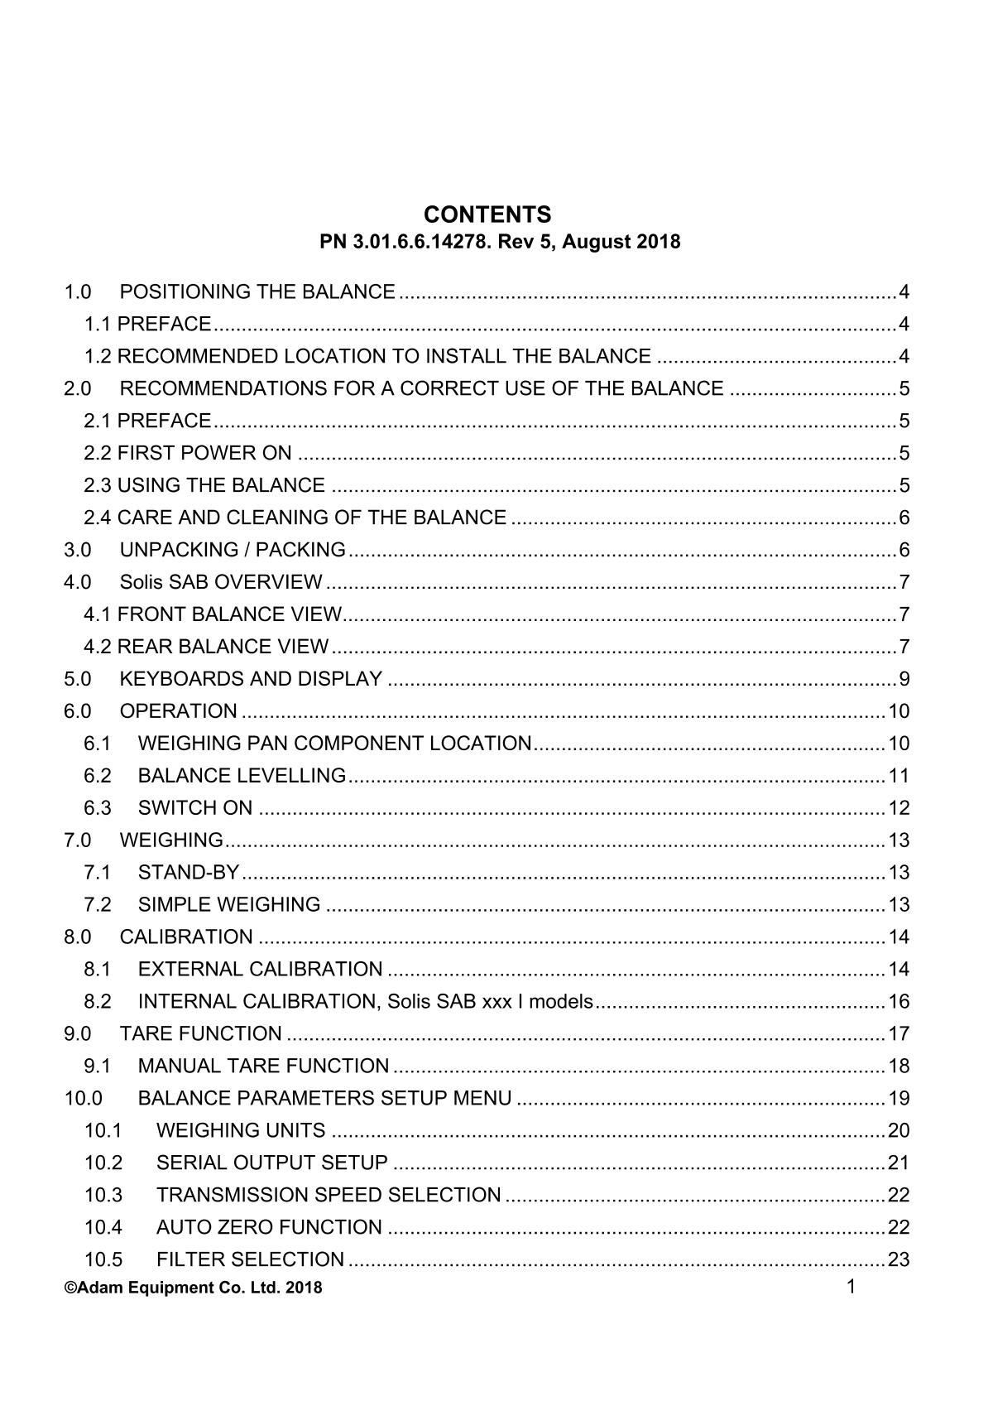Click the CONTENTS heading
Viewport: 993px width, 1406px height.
point(487,215)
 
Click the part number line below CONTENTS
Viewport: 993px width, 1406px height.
point(500,242)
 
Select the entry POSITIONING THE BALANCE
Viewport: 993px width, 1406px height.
point(257,292)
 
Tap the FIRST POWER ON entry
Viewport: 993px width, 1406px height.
point(204,453)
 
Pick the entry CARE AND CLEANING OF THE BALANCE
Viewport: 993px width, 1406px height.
point(311,518)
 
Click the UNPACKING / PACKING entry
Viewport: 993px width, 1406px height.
point(232,550)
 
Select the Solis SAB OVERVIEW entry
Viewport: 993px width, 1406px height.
point(221,582)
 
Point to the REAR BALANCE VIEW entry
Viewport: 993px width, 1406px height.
point(223,647)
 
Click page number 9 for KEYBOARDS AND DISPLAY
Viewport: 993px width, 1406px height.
point(904,680)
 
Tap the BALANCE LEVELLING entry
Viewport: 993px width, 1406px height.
point(242,776)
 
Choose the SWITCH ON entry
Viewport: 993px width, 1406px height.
point(195,808)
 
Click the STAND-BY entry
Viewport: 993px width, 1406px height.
point(188,873)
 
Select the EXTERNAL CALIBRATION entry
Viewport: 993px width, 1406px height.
point(260,970)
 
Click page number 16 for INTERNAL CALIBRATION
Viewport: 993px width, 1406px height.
point(899,1002)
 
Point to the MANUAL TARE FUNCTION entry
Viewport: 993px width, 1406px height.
point(263,1067)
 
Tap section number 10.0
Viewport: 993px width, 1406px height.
point(83,1099)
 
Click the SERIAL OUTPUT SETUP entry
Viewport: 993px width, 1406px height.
point(271,1163)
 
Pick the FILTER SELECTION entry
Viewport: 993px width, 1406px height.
point(250,1260)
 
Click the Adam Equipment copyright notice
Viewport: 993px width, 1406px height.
point(193,1288)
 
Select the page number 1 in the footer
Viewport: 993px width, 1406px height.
point(851,1286)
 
